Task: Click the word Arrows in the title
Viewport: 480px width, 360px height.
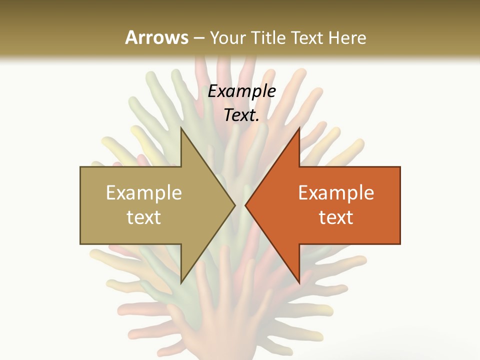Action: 156,37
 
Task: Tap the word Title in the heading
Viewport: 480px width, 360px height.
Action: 269,37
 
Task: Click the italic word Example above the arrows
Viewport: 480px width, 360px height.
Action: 241,91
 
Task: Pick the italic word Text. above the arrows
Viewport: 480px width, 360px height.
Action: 241,115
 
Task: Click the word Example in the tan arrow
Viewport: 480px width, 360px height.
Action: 144,192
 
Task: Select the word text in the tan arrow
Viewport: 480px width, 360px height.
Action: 144,217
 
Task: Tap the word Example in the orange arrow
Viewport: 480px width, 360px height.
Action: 336,192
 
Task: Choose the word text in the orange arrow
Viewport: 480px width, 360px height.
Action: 336,217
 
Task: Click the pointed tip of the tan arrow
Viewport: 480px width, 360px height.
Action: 235,205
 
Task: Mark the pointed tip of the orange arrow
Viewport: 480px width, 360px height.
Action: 245,205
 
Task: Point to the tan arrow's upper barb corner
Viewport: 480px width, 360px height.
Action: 181,128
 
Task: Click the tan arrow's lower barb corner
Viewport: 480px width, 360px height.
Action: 181,283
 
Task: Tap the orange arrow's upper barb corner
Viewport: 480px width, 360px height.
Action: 299,128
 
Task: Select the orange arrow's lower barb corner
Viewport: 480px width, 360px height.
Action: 299,283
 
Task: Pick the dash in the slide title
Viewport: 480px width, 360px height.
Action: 199,38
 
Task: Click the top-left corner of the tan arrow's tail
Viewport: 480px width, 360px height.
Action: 80,167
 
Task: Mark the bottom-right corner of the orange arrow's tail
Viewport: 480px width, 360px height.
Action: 400,243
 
